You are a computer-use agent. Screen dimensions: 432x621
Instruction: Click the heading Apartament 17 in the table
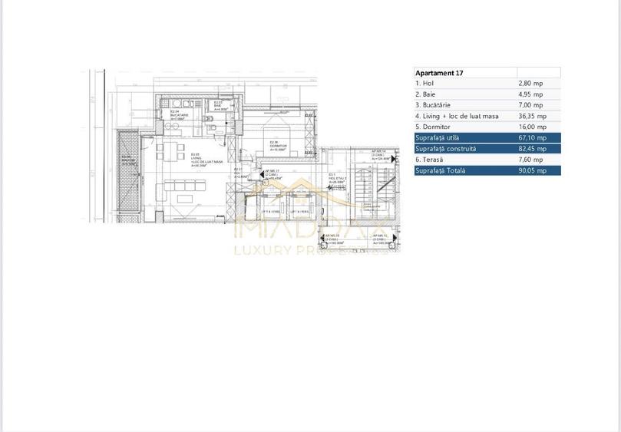click(x=439, y=73)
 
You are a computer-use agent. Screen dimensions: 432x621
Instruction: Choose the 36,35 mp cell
click(x=533, y=116)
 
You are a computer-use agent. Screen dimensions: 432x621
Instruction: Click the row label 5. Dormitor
click(x=432, y=127)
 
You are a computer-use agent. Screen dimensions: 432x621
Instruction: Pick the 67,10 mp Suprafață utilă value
click(x=533, y=137)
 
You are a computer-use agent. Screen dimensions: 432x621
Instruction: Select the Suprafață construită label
click(x=445, y=149)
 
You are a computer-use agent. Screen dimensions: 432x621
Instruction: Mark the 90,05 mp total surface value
click(x=533, y=171)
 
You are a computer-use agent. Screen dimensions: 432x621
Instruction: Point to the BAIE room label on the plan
click(x=217, y=106)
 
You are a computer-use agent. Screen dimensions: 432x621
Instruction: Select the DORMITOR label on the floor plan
click(x=278, y=146)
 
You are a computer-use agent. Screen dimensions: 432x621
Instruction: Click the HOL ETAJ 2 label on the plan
click(x=338, y=179)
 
